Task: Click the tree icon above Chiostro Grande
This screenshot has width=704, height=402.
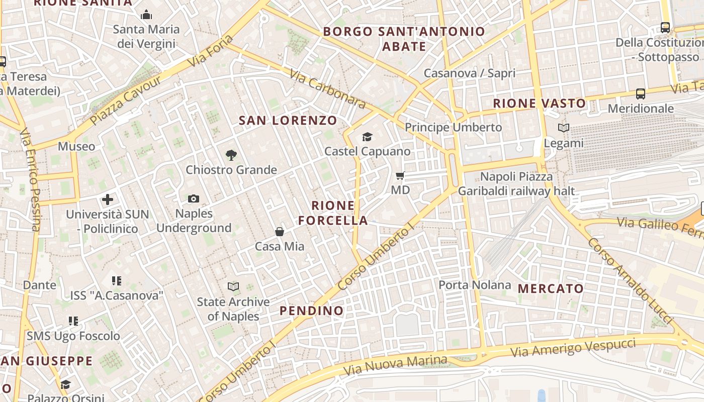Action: coord(231,155)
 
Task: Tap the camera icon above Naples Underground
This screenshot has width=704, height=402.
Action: coord(194,199)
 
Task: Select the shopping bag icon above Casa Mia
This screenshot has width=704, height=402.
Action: coord(280,232)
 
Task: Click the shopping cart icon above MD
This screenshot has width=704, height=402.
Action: coord(400,175)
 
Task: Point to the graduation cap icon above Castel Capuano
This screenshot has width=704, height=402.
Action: coord(367,137)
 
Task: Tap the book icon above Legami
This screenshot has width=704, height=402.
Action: coord(564,128)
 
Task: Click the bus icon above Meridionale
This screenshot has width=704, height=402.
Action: coord(641,94)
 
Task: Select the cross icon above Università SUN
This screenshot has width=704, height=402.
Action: coord(108,199)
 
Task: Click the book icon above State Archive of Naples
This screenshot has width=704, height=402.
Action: coord(233,287)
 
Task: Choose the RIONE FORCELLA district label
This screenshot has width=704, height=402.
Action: coord(333,213)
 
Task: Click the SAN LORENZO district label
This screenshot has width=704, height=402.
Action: coord(288,121)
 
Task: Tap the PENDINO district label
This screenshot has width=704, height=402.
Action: coord(312,311)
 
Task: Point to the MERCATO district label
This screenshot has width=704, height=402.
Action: coord(551,289)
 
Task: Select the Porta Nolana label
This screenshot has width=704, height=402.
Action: coord(475,285)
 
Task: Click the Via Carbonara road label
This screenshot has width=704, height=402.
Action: coord(327,88)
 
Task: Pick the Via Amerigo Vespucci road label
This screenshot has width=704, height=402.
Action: coord(573,348)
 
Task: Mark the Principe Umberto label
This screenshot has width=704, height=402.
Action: coord(454,127)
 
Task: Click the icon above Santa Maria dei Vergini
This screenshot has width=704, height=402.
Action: coord(146,15)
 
